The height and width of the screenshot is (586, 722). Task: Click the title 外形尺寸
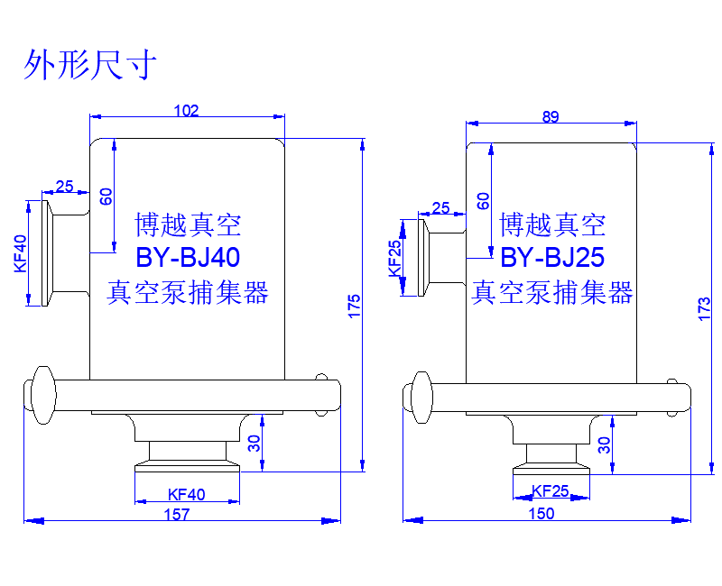click(90, 65)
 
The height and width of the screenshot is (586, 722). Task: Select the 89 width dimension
click(551, 116)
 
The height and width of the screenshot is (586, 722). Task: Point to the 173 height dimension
click(705, 308)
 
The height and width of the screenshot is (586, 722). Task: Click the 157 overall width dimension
click(178, 515)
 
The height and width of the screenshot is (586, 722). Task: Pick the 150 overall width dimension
click(541, 514)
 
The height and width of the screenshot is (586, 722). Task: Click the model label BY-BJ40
click(188, 258)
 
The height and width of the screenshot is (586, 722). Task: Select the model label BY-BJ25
click(551, 259)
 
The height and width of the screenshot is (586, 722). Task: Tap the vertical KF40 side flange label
click(21, 253)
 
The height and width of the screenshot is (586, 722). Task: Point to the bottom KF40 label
click(187, 494)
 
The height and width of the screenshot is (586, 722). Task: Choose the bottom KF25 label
click(550, 491)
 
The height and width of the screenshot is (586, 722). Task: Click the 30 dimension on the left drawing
click(254, 443)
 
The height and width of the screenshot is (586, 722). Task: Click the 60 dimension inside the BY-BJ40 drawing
click(106, 196)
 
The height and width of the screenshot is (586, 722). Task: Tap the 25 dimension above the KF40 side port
click(64, 187)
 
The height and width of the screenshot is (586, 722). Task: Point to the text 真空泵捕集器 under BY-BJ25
click(552, 292)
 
